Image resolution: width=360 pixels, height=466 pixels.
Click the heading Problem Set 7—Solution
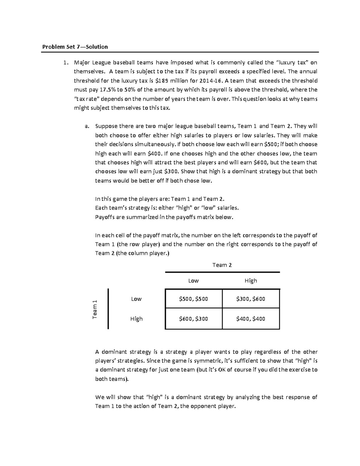[x=75, y=47]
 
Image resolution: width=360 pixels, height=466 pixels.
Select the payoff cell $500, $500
[x=193, y=299]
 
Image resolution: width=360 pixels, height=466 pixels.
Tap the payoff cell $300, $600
[x=251, y=299]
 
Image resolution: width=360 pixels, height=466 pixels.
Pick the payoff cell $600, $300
[x=193, y=319]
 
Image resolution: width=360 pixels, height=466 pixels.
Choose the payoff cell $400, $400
[x=251, y=319]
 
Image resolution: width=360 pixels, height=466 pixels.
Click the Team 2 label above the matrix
[x=222, y=265]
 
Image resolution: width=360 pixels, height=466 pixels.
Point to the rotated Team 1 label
[x=95, y=309]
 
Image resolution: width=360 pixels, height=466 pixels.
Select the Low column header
[x=193, y=281]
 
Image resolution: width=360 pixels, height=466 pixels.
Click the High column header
[x=251, y=281]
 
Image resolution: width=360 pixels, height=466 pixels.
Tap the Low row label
[x=136, y=299]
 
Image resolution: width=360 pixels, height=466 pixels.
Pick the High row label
[x=136, y=319]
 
